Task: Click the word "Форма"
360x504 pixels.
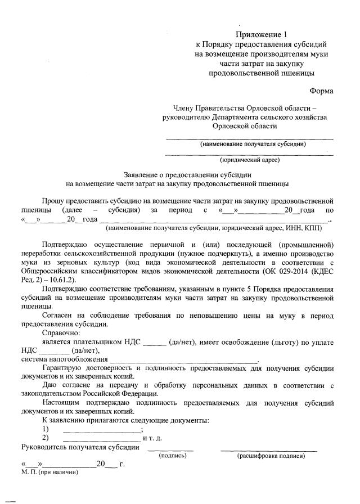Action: click(x=321, y=91)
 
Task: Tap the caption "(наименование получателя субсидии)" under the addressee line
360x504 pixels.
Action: click(x=253, y=145)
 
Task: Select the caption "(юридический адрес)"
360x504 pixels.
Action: click(x=250, y=160)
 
